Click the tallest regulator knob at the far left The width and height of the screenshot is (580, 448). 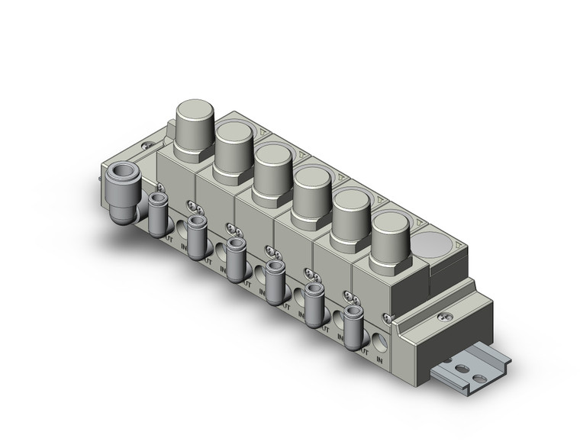coord(194,123)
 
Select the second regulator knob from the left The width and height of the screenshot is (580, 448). coord(234,147)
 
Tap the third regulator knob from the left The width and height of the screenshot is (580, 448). coord(272,168)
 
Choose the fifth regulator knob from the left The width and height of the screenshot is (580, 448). coord(351,212)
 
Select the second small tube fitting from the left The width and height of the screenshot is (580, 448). coord(197,236)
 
